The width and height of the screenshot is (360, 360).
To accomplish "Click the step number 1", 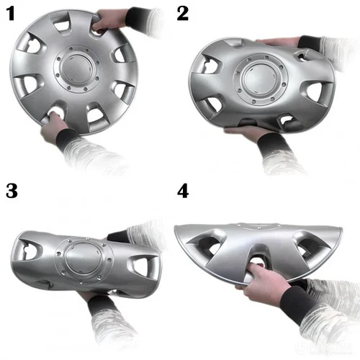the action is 12,14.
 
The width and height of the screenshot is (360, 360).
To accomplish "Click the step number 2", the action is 182,14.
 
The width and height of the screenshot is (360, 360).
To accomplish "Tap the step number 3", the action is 12,192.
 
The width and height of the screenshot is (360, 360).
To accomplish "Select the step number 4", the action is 183,192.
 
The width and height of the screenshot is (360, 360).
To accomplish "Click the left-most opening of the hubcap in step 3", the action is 27,250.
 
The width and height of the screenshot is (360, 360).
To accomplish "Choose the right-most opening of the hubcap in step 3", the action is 143,266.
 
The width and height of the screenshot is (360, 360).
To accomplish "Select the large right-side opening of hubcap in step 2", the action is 317,91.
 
